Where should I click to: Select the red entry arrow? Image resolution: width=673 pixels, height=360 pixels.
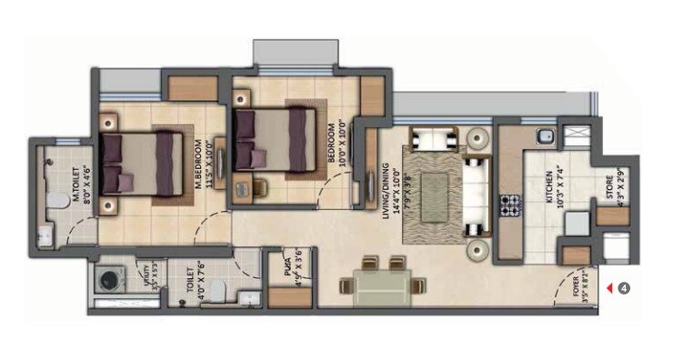[609, 289]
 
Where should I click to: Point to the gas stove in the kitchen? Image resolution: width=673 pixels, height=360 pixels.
[507, 205]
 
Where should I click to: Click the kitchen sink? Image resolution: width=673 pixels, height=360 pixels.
[543, 138]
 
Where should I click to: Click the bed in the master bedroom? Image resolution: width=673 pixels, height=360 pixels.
[136, 163]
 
